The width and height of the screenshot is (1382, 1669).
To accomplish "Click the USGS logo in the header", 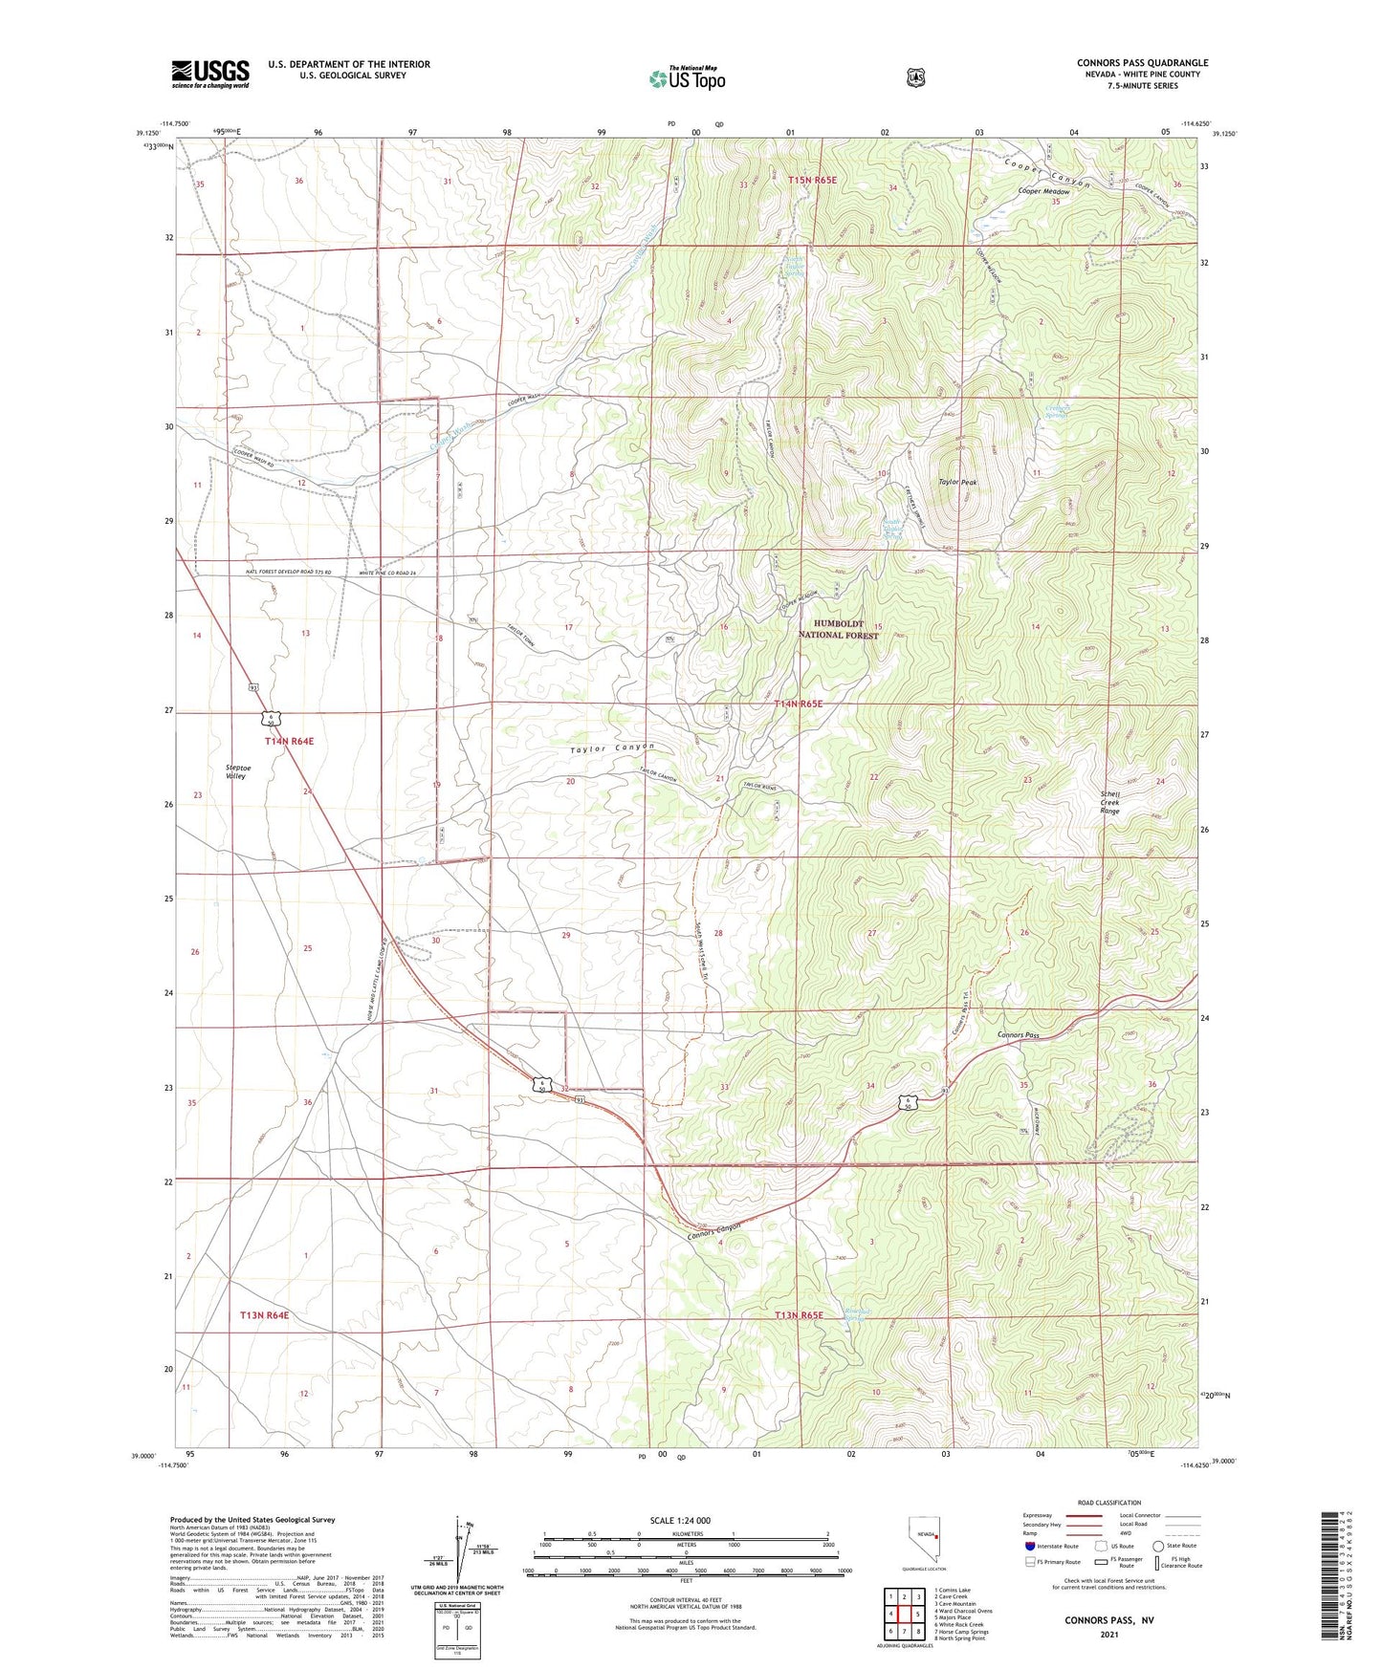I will click(x=209, y=74).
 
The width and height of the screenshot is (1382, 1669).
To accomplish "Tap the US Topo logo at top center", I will click(x=686, y=78).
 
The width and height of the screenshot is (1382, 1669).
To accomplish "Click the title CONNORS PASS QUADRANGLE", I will click(x=1142, y=63).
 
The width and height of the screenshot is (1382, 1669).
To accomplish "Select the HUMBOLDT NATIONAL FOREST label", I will click(x=839, y=629).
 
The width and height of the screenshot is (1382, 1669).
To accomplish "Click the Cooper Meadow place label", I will click(x=1043, y=191).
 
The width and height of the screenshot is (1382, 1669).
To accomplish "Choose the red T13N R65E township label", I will click(x=799, y=1315).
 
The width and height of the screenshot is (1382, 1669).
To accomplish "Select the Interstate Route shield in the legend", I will click(x=1029, y=1546).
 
